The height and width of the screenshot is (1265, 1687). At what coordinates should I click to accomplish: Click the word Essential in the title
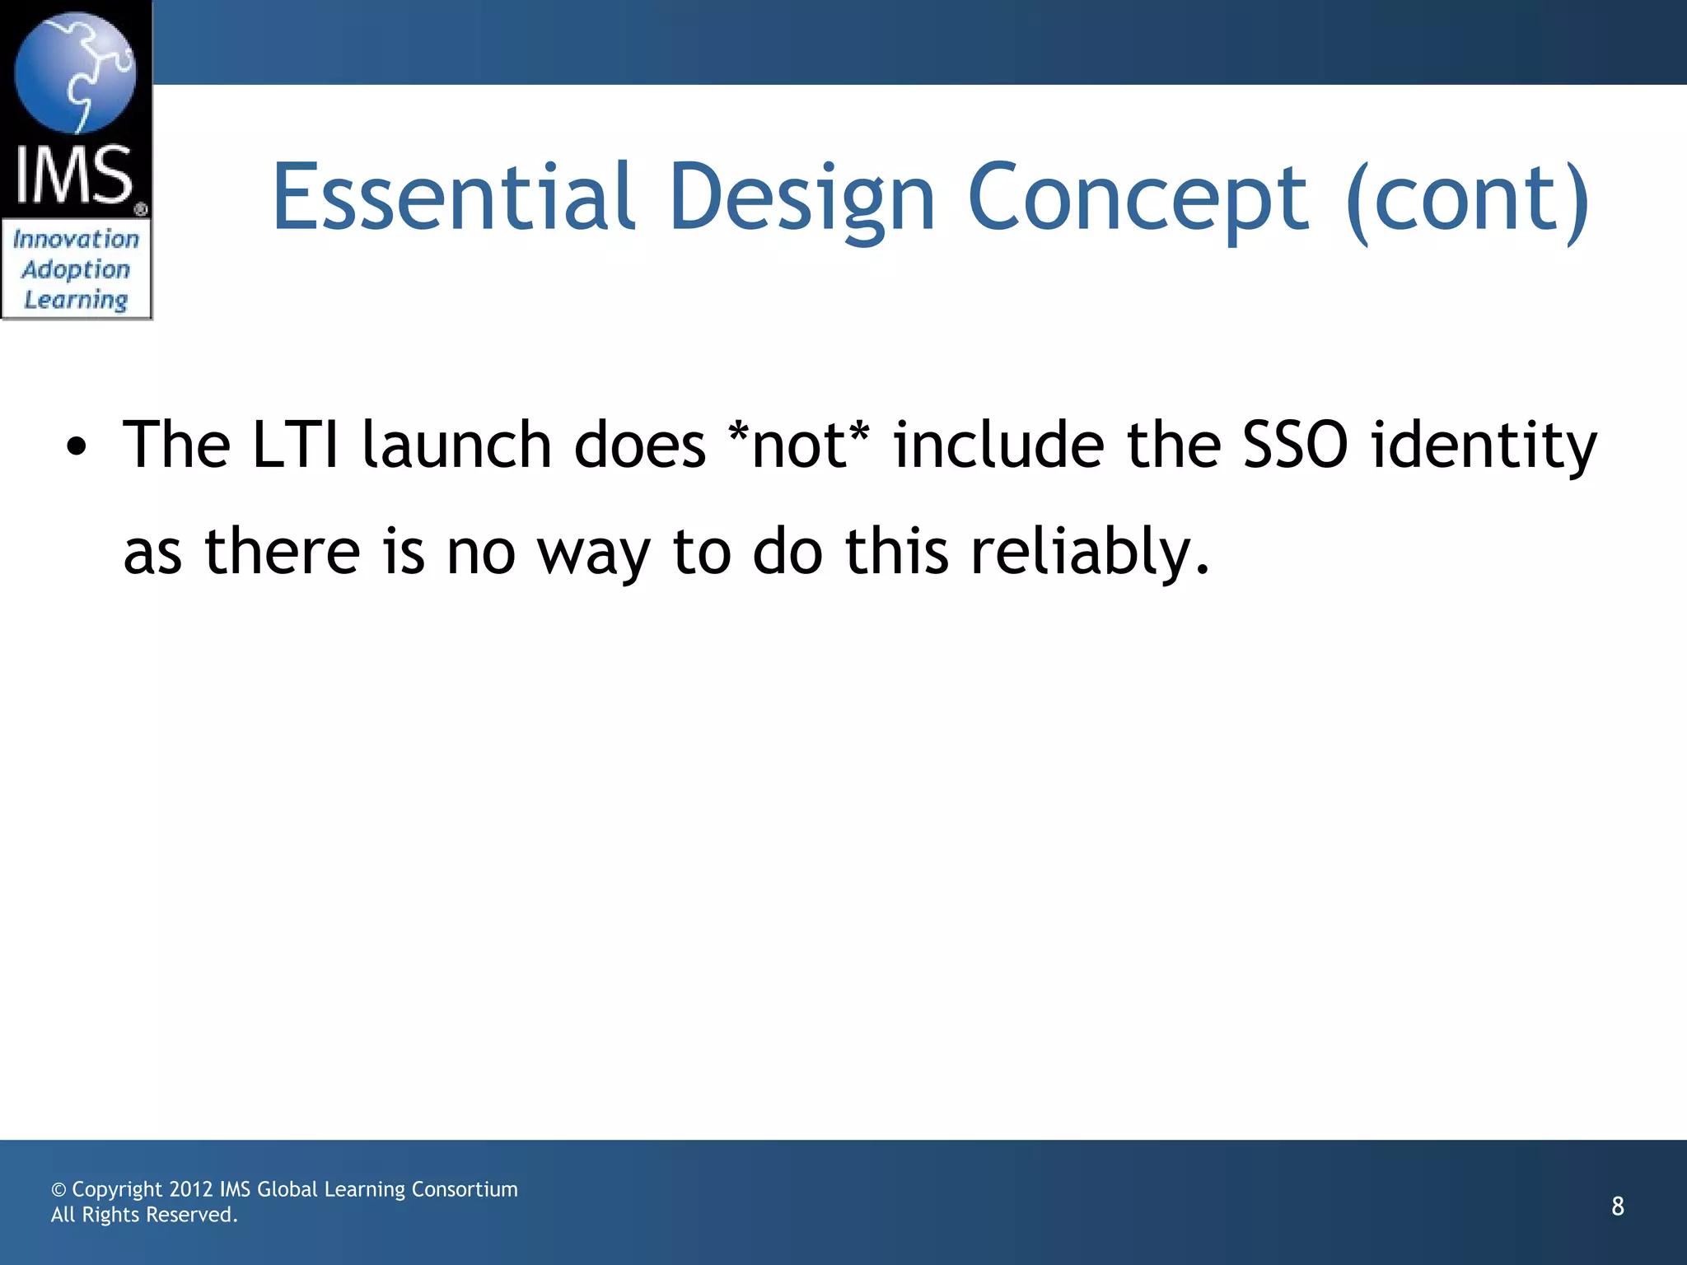[x=453, y=198]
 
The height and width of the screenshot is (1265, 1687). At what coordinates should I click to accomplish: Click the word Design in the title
[x=802, y=198]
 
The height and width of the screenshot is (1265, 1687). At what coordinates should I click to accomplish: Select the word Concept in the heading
[x=1138, y=198]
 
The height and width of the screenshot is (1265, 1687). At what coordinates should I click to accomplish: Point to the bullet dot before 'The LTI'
[x=77, y=447]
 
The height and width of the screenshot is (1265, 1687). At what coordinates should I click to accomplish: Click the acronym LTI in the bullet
[x=296, y=446]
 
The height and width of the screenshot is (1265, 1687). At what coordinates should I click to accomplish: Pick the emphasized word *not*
[x=799, y=446]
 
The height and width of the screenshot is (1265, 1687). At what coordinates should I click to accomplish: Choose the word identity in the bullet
[x=1484, y=446]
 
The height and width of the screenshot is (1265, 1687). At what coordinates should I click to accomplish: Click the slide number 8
[x=1618, y=1207]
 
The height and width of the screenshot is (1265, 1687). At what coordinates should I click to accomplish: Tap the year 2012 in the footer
[x=190, y=1189]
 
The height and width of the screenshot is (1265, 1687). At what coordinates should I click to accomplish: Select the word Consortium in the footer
[x=465, y=1189]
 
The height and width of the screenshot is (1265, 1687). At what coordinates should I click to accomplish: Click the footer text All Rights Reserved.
[x=144, y=1215]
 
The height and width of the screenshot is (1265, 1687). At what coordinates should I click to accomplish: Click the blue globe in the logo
[x=76, y=72]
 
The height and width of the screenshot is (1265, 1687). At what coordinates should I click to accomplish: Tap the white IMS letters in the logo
[x=74, y=175]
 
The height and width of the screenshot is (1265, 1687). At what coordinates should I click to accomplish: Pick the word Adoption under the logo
[x=76, y=269]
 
